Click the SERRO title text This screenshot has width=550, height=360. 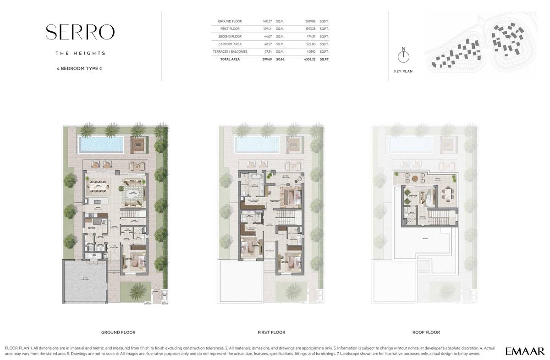(80, 32)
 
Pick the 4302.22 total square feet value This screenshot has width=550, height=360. (311, 59)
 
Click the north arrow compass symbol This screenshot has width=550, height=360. (403, 56)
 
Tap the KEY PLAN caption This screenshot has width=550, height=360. (403, 72)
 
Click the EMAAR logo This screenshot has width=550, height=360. (525, 351)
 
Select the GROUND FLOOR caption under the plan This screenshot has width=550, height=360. (118, 332)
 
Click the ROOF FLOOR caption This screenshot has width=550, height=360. (426, 332)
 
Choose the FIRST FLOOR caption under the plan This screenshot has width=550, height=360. (271, 332)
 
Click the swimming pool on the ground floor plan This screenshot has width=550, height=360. (101, 144)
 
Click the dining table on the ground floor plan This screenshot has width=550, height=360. (99, 188)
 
